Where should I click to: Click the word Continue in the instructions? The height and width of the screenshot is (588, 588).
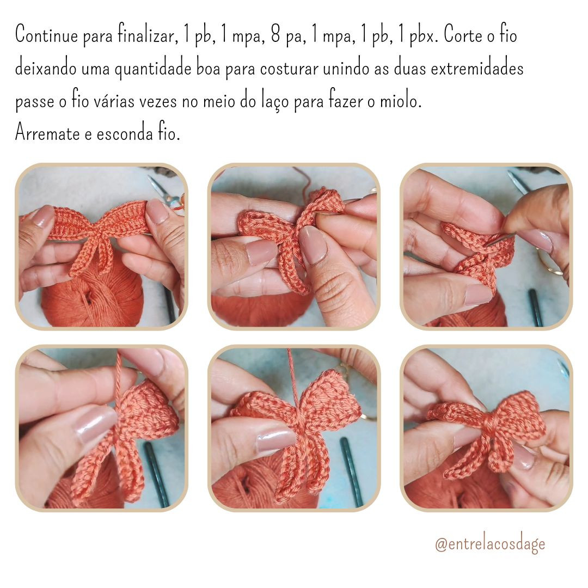point(47,34)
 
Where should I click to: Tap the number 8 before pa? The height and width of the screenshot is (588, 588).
point(275,34)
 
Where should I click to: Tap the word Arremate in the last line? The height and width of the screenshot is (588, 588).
point(47,133)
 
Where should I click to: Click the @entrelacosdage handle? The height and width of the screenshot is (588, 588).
point(490,544)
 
